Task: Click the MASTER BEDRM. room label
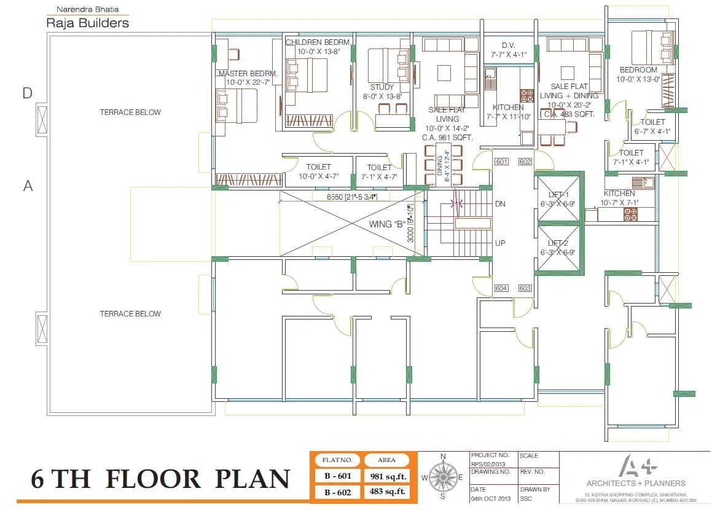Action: pyautogui.click(x=248, y=74)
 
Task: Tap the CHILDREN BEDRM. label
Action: pyautogui.click(x=318, y=42)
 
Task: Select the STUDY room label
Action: pyautogui.click(x=381, y=87)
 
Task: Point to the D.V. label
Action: pyautogui.click(x=508, y=45)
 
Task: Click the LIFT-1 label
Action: pyautogui.click(x=558, y=194)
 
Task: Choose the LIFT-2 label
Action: pyautogui.click(x=558, y=243)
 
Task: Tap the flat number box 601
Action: pyautogui.click(x=502, y=162)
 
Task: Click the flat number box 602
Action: pyautogui.click(x=525, y=162)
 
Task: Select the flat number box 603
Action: pyautogui.click(x=525, y=288)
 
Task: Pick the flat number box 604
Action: pyautogui.click(x=502, y=288)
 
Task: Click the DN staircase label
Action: pyautogui.click(x=500, y=204)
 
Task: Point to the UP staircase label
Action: pyautogui.click(x=500, y=243)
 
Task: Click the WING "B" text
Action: pyautogui.click(x=386, y=224)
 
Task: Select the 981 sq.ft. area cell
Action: pyautogui.click(x=387, y=476)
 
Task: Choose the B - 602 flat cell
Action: pyautogui.click(x=337, y=491)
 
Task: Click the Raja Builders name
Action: pyautogui.click(x=88, y=23)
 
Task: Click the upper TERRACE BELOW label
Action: pyautogui.click(x=130, y=112)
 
